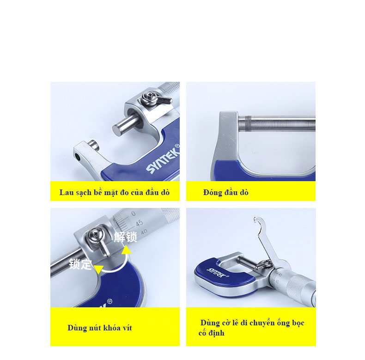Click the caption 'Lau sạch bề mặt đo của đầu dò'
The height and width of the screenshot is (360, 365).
point(114,193)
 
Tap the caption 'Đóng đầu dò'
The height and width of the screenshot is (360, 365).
point(225,193)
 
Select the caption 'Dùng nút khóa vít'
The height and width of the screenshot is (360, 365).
point(100,328)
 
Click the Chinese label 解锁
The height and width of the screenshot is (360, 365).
point(125,237)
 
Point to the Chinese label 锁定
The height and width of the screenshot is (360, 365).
point(80,264)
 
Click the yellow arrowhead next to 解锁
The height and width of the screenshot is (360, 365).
point(127,250)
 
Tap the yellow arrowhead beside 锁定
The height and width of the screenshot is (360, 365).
point(99,269)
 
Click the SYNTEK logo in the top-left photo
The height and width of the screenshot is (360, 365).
point(163,159)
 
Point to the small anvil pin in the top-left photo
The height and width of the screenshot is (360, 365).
point(94,145)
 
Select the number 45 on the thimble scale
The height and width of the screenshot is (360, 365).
point(139,223)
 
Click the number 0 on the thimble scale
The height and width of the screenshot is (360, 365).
point(133,214)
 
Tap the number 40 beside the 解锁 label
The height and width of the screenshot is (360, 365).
point(144,232)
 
